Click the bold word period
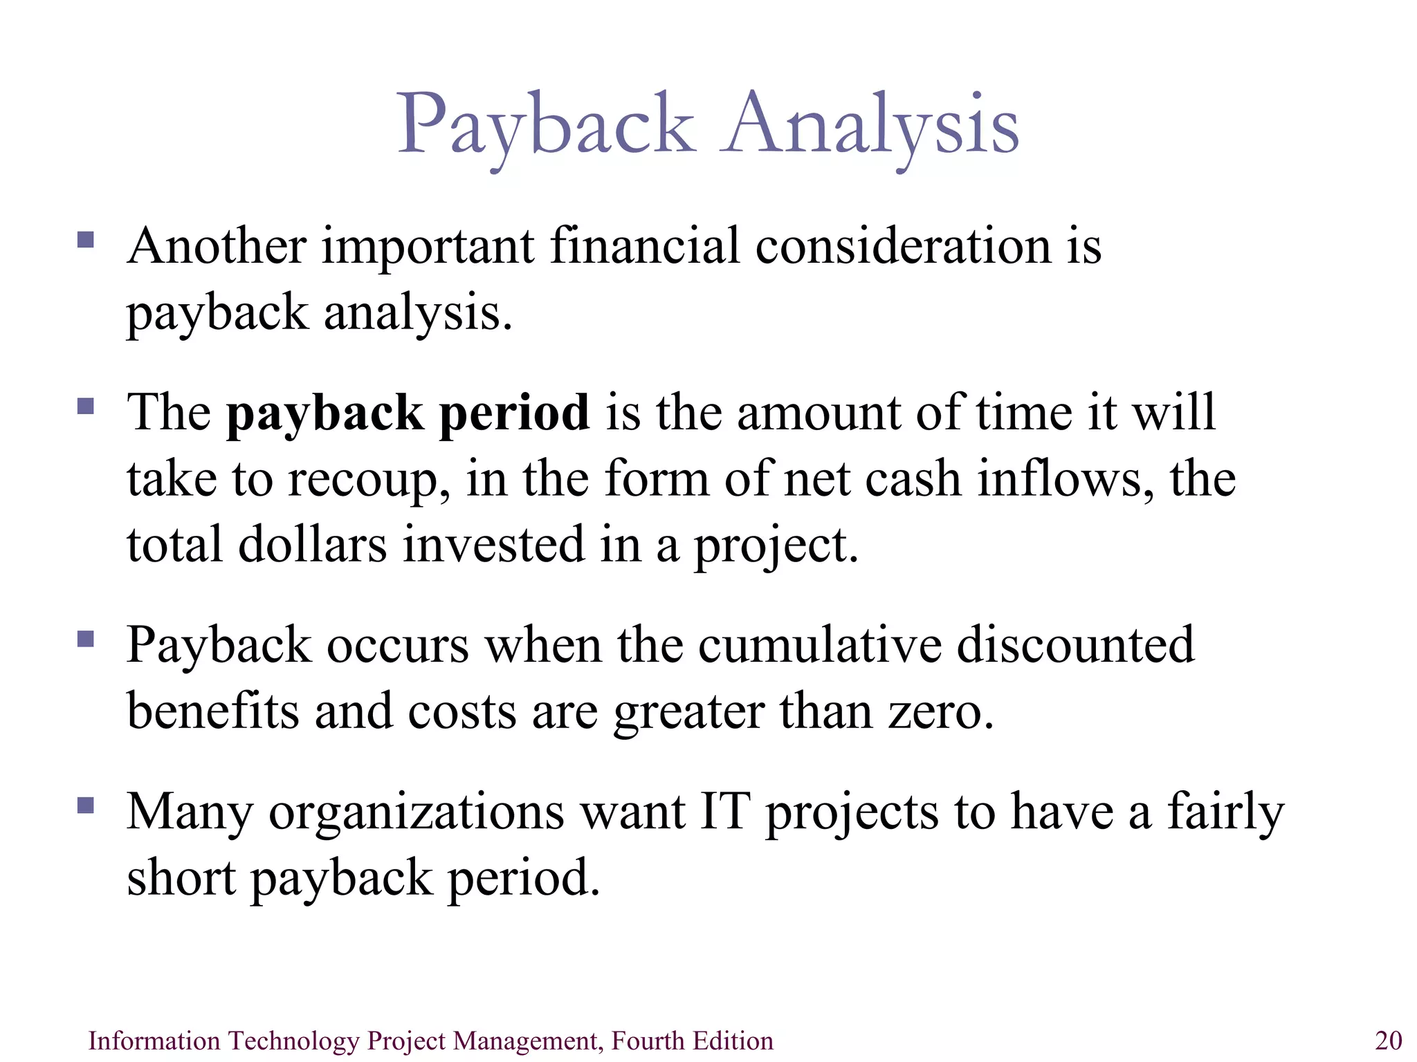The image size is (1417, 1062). (514, 414)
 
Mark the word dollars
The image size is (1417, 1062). (312, 546)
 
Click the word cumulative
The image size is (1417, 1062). (820, 646)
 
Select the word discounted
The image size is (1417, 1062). (1075, 646)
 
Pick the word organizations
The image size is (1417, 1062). (416, 813)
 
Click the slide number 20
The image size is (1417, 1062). (1388, 1041)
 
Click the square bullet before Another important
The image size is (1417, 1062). (86, 240)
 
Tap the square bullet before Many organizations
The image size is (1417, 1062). (86, 805)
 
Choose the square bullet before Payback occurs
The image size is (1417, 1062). (86, 638)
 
